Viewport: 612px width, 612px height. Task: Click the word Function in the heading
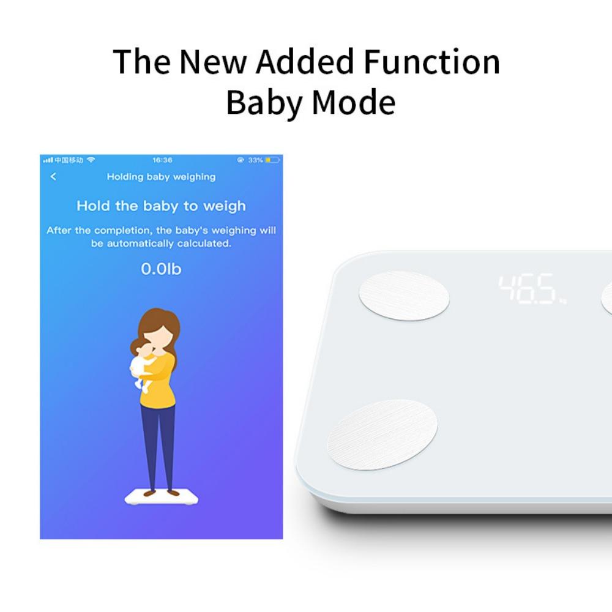pos(431,62)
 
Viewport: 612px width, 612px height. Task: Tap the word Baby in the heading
pos(264,102)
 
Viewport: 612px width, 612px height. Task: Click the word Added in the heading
pos(305,61)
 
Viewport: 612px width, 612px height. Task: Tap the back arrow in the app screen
pos(53,177)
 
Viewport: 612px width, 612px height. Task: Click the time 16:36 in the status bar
pos(162,160)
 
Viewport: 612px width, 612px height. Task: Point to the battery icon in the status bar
pos(273,160)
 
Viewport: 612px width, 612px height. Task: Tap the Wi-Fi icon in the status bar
pos(91,160)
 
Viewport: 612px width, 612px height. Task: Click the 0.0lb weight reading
pos(161,269)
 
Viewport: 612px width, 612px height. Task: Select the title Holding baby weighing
pos(161,177)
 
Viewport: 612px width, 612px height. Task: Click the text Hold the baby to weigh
pos(161,206)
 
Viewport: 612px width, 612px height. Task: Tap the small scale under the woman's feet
pos(161,498)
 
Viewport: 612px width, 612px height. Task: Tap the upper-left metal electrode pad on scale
pos(404,296)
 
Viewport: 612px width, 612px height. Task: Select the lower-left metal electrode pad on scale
pos(382,435)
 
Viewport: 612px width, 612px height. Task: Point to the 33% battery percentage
pos(255,160)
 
